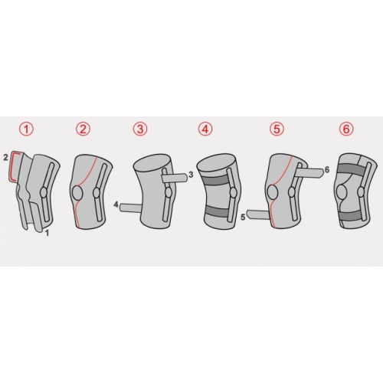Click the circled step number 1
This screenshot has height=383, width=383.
tap(28, 129)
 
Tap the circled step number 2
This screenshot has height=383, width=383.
tap(83, 129)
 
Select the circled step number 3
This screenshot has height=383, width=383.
tap(140, 129)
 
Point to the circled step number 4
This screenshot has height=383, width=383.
tap(205, 129)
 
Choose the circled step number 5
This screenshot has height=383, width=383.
tap(277, 129)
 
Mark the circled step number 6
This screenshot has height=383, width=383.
tap(346, 129)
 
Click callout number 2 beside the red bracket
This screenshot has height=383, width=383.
tap(5, 158)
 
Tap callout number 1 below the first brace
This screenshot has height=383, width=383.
tap(47, 233)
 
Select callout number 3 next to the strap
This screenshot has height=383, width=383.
tap(191, 175)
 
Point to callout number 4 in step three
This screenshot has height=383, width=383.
tap(116, 205)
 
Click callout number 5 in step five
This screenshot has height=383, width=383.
tap(243, 218)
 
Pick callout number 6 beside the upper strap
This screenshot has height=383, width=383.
tap(326, 169)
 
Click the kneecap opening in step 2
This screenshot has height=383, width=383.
tap(78, 193)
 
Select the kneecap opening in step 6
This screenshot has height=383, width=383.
tap(342, 192)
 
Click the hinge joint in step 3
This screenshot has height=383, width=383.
tap(169, 192)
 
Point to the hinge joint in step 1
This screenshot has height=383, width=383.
tap(44, 191)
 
